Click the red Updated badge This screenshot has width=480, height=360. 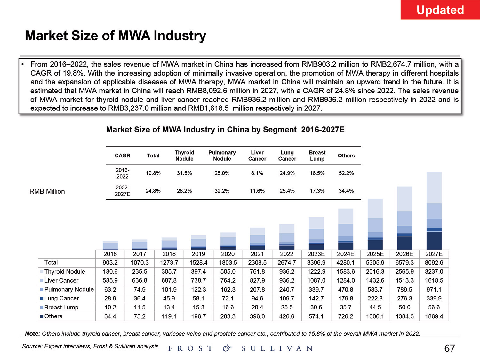(x=440, y=10)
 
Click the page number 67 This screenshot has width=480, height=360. (x=450, y=348)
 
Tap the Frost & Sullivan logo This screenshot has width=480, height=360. (x=240, y=348)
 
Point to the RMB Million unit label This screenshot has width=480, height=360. (x=47, y=191)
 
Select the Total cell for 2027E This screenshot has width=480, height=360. (x=434, y=263)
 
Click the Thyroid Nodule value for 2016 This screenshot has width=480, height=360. (x=110, y=272)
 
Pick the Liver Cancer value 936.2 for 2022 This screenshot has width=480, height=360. (x=287, y=281)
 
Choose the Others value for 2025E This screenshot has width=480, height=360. (x=375, y=316)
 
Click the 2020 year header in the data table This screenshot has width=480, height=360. (x=228, y=254)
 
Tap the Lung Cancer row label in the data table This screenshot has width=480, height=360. (x=61, y=298)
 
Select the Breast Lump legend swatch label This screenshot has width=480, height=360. (x=61, y=307)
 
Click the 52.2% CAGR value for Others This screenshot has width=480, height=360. (x=346, y=173)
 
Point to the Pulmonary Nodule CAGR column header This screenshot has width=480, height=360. (x=222, y=156)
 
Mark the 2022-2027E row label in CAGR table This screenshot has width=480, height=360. (x=123, y=191)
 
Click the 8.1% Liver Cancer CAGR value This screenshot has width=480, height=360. (x=257, y=173)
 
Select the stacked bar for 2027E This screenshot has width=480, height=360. (x=434, y=211)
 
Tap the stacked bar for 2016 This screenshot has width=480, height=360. (x=110, y=245)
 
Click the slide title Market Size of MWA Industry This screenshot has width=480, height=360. (x=116, y=36)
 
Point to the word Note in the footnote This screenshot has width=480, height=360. (x=32, y=334)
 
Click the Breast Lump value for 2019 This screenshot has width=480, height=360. (x=198, y=308)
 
